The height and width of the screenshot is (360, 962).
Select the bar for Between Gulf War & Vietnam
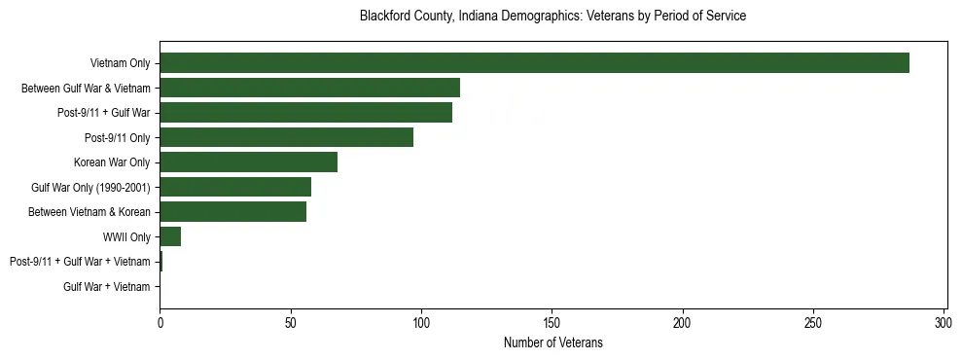309,88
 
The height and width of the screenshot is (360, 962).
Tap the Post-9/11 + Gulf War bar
305,113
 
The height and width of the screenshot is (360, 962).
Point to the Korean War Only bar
248,162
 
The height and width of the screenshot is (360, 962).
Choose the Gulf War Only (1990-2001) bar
235,187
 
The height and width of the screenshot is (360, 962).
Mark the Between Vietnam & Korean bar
232,212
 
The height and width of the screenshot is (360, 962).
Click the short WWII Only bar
170,236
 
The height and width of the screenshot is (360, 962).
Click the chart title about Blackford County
552,17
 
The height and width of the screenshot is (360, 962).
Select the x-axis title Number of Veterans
552,342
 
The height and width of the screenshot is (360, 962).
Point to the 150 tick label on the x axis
552,322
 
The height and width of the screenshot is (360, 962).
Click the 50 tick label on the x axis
290,322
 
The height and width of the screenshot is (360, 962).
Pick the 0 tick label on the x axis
160,322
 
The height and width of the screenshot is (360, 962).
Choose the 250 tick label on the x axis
813,322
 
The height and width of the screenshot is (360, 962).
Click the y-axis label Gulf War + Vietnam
107,287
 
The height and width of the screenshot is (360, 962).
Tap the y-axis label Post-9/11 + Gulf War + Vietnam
80,262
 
